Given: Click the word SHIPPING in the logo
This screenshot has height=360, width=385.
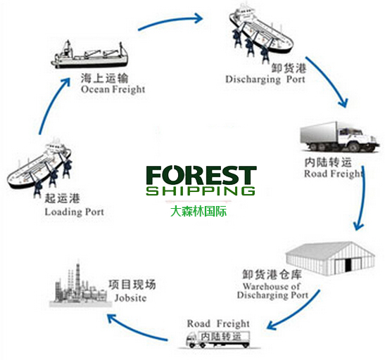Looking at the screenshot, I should [x=201, y=191].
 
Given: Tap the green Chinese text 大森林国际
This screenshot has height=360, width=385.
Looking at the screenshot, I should [x=201, y=210].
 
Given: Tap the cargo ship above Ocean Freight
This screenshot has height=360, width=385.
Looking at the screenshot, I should [x=92, y=53].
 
